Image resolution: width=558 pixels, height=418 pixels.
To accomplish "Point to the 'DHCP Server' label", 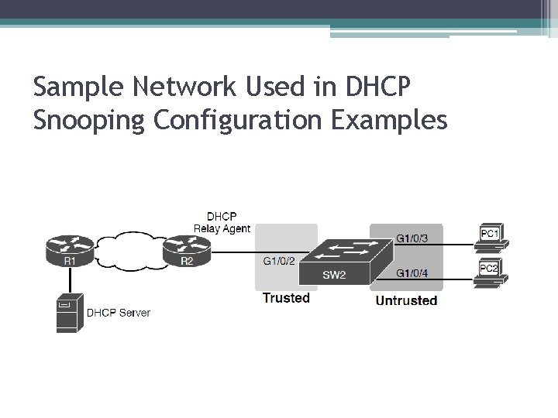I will pyautogui.click(x=118, y=313).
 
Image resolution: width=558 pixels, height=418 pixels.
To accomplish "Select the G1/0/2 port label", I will pyautogui.click(x=278, y=261).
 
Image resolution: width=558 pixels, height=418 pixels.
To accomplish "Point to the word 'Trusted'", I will pyautogui.click(x=285, y=298).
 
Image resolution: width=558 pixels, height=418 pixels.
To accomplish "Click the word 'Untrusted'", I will pyautogui.click(x=405, y=300).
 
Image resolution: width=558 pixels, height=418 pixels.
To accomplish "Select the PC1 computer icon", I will pyautogui.click(x=490, y=237).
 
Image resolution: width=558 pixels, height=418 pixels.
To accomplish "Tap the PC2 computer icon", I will pyautogui.click(x=490, y=273).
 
